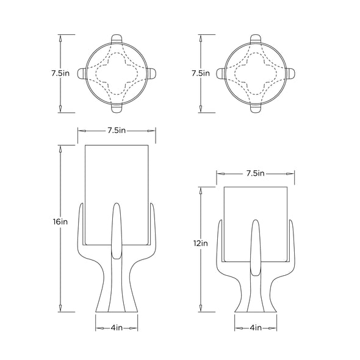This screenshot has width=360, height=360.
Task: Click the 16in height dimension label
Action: pos(60,221)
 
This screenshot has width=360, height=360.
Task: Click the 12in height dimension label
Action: pos(200,243)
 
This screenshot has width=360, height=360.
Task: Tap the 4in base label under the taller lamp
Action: pos(117,328)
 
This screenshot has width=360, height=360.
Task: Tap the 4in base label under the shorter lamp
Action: pos(256,328)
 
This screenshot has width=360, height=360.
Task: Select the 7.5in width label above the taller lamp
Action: pos(117,131)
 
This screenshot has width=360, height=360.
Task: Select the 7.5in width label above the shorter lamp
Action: pos(256,173)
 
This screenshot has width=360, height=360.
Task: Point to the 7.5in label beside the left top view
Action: pos(60,73)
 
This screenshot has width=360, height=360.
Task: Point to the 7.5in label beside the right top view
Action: pos(201,73)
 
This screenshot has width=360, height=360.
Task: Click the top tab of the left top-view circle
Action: pos(117,38)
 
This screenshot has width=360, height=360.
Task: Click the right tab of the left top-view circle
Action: pos(151,73)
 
